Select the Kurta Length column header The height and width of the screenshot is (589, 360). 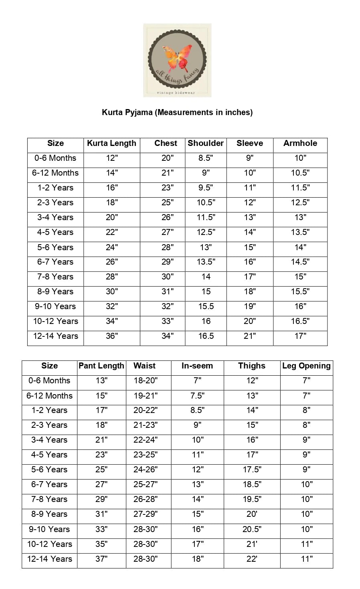pyautogui.click(x=111, y=144)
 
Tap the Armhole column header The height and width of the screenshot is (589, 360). pyautogui.click(x=300, y=144)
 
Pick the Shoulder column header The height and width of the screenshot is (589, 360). pyautogui.click(x=206, y=144)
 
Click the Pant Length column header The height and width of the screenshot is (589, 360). pyautogui.click(x=101, y=366)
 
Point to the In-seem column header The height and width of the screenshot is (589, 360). pyautogui.click(x=197, y=366)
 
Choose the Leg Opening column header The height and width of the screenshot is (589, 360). pyautogui.click(x=306, y=366)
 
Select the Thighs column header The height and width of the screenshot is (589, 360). pyautogui.click(x=252, y=366)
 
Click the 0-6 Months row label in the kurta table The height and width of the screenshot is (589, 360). pyautogui.click(x=55, y=158)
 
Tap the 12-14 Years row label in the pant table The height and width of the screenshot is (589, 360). pyautogui.click(x=50, y=559)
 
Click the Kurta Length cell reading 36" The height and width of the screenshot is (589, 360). pyautogui.click(x=112, y=336)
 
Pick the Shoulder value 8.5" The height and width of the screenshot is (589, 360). pyautogui.click(x=206, y=158)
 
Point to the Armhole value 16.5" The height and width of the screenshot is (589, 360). pyautogui.click(x=300, y=321)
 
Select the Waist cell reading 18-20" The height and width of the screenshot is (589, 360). pyautogui.click(x=146, y=381)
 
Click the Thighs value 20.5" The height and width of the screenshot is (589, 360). pyautogui.click(x=252, y=529)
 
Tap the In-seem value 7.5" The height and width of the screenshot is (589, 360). pyautogui.click(x=197, y=396)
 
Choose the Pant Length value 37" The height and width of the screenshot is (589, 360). pyautogui.click(x=101, y=559)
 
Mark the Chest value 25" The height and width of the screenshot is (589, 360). pyautogui.click(x=168, y=202)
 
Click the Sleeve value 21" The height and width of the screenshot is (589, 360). pyautogui.click(x=250, y=336)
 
